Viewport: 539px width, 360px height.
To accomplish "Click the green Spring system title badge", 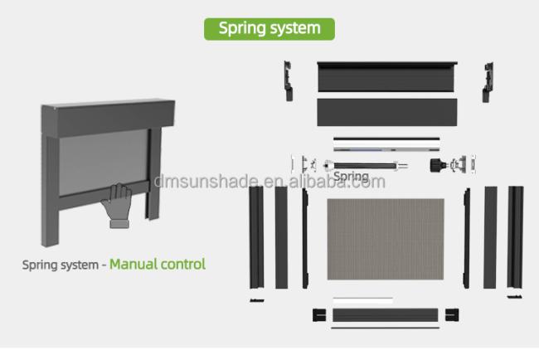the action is pos(269,29).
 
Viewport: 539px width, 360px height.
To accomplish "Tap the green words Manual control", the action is pos(158,264).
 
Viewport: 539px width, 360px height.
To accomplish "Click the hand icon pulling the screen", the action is pos(118,206).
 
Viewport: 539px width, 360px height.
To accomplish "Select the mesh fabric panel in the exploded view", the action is pos(386,239).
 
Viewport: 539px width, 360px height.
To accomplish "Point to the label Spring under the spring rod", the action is pos(351,177).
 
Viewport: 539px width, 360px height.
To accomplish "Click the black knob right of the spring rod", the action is pos(437,165).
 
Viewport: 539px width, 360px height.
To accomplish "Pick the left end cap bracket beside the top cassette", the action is pos(288,81).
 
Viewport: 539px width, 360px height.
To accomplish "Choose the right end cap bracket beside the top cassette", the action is pos(488,82).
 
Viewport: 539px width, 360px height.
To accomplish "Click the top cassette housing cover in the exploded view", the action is pos(386,76).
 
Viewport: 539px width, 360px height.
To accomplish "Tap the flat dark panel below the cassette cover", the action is pos(387,112).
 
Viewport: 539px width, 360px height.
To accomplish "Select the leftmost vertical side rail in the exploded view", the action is pos(256,237).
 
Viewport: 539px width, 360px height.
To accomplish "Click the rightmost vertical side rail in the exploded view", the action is pos(515,237).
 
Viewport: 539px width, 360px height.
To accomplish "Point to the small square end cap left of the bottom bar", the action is pos(319,315).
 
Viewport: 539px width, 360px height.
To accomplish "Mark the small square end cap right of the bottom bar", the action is pos(452,315).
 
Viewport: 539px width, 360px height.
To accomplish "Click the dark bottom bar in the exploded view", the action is pos(386,315).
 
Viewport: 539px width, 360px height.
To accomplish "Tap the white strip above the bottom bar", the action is pos(363,300).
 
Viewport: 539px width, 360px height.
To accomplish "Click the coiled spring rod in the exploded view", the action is pos(365,166).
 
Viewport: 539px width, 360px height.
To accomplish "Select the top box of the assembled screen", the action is pos(108,118).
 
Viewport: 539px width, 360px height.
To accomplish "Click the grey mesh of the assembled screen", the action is pos(103,162).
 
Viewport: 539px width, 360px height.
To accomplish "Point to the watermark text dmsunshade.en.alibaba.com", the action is pos(269,182).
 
